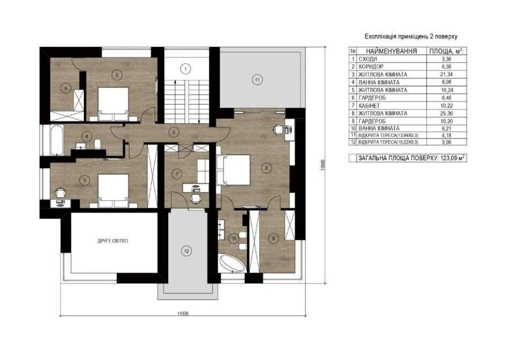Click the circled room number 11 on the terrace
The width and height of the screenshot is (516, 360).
click(x=257, y=80)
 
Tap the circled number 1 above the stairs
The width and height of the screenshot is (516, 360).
click(x=185, y=68)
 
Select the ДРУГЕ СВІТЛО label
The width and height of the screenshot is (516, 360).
click(x=113, y=241)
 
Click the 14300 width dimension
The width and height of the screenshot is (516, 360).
click(x=183, y=314)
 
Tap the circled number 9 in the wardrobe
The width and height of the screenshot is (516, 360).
click(x=274, y=237)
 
